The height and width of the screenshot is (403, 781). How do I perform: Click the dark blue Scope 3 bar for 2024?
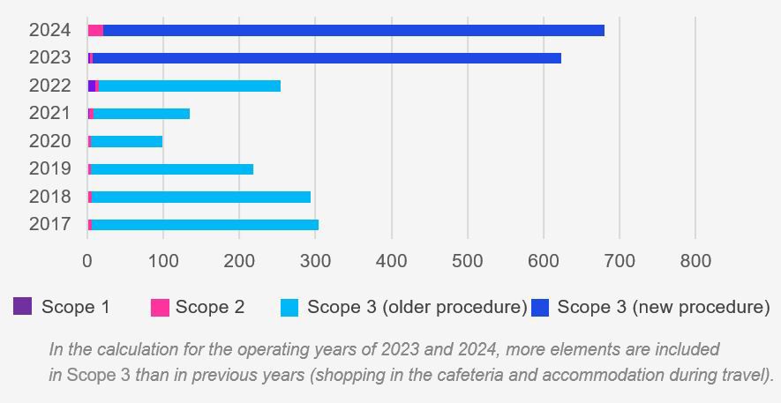click(353, 30)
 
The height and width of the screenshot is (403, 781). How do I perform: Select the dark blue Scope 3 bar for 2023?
click(327, 58)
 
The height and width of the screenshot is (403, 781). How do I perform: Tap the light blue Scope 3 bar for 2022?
click(190, 86)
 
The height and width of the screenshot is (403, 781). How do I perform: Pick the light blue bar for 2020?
click(126, 141)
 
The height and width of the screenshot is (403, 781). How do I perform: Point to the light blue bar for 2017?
click(205, 225)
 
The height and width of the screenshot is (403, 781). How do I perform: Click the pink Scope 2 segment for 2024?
click(96, 30)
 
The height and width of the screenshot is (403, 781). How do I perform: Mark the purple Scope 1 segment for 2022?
click(91, 86)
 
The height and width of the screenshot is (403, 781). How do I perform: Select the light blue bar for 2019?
click(172, 169)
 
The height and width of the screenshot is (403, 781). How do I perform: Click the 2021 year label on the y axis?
click(49, 113)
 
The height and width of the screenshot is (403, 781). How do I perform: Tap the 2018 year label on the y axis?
click(49, 197)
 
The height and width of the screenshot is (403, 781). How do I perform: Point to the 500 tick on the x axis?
click(468, 261)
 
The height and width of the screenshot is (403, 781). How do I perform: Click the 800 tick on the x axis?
click(695, 261)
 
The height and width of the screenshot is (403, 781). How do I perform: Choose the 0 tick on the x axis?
click(87, 261)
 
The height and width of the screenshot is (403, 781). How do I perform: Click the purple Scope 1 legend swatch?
click(23, 307)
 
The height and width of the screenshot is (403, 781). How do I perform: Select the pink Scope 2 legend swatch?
click(160, 307)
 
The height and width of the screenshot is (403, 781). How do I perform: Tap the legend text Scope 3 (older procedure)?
click(417, 307)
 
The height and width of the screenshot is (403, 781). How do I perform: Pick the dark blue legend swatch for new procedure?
click(540, 307)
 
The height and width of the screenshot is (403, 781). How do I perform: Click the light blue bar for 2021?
click(141, 113)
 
